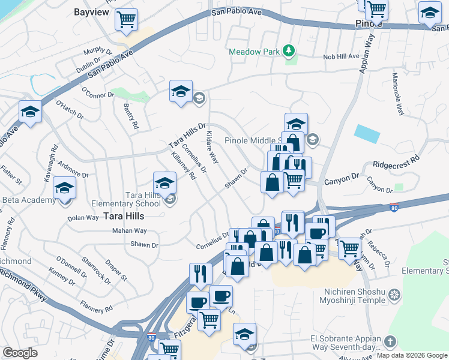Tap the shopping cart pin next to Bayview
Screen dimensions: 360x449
[126, 20]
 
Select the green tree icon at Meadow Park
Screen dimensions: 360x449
[289, 51]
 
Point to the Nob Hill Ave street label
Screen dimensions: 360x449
[340, 56]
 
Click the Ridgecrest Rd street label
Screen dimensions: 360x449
[397, 162]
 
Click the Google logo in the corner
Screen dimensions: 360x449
[20, 353]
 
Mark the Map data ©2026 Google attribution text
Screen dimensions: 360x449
[411, 355]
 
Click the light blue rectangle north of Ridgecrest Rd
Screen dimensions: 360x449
[367, 133]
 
